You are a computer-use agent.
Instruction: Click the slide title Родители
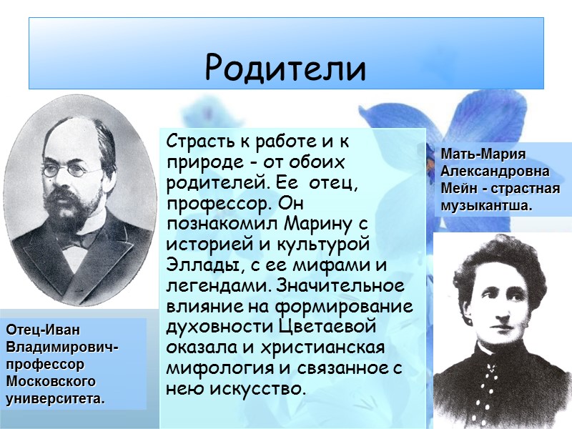coord(285,67)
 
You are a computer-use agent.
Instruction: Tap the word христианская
coord(330,348)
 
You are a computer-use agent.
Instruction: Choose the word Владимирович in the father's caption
coord(60,347)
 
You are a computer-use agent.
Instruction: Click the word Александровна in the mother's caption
coord(495,172)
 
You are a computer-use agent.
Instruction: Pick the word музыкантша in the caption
coord(484,206)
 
